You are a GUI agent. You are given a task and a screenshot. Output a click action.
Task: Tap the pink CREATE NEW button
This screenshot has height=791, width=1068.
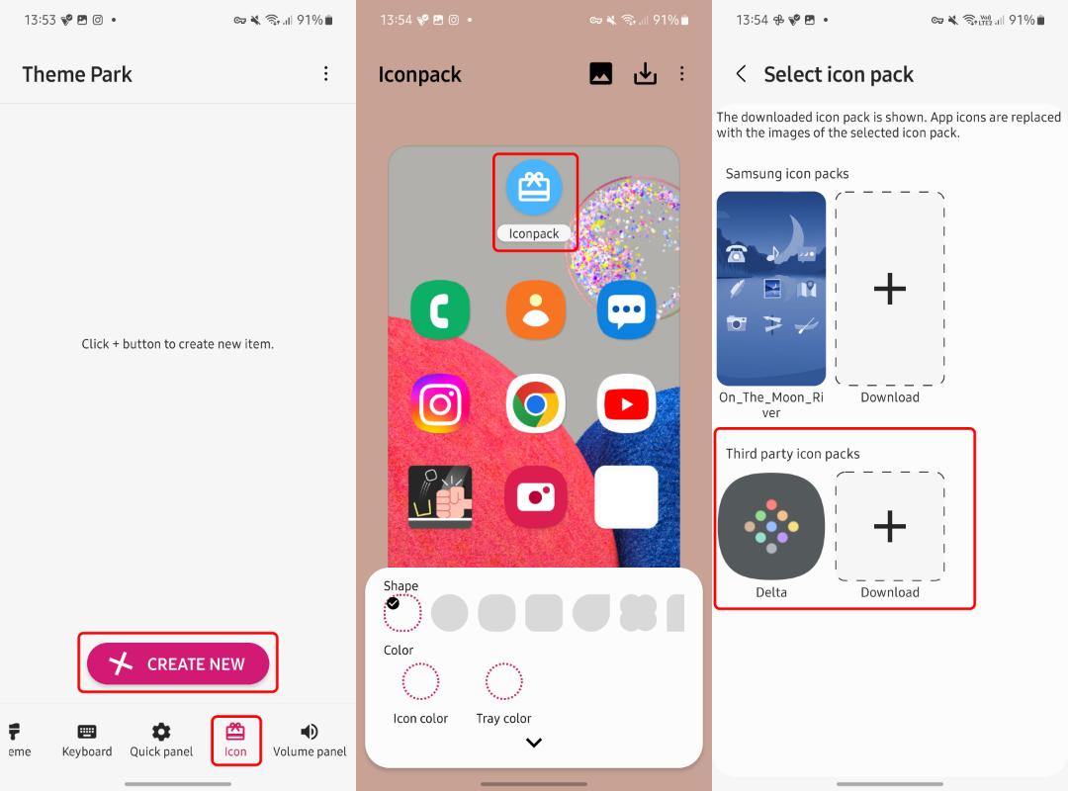pyautogui.click(x=178, y=662)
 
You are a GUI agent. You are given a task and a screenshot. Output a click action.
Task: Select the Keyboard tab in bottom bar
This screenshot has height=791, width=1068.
pyautogui.click(x=86, y=740)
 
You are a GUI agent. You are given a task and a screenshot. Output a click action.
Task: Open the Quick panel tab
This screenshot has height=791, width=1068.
pyautogui.click(x=161, y=740)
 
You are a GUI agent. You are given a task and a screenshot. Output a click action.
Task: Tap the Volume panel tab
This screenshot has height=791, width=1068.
pyautogui.click(x=310, y=740)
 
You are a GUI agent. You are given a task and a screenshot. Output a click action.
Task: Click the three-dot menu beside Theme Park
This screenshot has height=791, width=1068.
pyautogui.click(x=326, y=73)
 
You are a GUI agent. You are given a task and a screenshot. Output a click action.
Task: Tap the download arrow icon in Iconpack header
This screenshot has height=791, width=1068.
pyautogui.click(x=645, y=73)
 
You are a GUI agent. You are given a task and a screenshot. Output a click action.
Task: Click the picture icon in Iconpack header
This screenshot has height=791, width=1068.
pyautogui.click(x=601, y=73)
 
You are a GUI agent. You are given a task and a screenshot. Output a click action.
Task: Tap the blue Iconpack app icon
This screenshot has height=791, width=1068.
pyautogui.click(x=534, y=187)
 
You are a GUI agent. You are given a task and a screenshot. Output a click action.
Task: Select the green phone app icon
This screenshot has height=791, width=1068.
pyautogui.click(x=440, y=310)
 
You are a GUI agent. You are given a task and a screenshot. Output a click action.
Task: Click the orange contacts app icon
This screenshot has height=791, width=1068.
pyautogui.click(x=536, y=310)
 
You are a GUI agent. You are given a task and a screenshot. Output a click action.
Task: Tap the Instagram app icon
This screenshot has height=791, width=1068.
pyautogui.click(x=440, y=403)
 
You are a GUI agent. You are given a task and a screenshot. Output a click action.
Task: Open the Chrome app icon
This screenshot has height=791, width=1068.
pyautogui.click(x=536, y=403)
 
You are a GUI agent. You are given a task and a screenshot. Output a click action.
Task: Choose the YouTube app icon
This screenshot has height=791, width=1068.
pyautogui.click(x=627, y=403)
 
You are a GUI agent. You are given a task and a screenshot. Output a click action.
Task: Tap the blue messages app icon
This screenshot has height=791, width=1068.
pyautogui.click(x=627, y=310)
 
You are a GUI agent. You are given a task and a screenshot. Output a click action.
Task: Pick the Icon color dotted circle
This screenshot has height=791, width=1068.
pyautogui.click(x=420, y=681)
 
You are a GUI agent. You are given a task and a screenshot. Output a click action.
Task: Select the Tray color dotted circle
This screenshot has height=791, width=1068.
pyautogui.click(x=504, y=681)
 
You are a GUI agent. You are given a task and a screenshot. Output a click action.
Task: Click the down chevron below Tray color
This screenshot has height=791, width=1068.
pyautogui.click(x=534, y=743)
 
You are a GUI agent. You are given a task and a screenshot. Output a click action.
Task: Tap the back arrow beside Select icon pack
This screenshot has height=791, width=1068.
pyautogui.click(x=741, y=73)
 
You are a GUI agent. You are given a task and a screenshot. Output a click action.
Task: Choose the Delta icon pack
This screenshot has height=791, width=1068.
pyautogui.click(x=771, y=526)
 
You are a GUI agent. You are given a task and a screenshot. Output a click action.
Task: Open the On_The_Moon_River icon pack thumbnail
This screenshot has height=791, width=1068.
pyautogui.click(x=771, y=288)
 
